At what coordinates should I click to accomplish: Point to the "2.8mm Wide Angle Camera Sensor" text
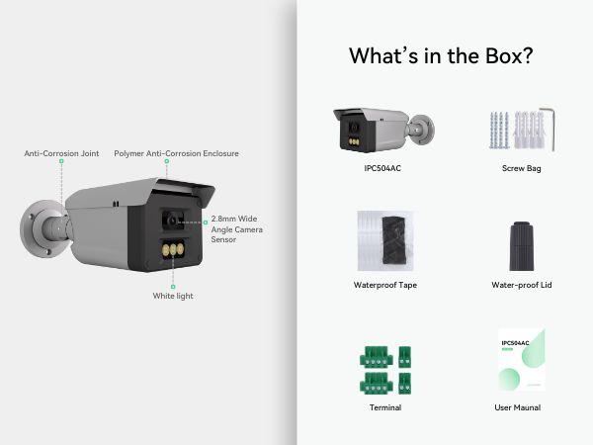236,228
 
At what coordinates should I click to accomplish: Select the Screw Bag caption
521,168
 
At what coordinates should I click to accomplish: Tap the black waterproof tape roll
385,240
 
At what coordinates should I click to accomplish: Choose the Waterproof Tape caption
383,285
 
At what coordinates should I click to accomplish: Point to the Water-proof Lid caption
521,285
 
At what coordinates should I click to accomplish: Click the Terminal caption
384,406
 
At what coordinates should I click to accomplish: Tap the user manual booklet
521,360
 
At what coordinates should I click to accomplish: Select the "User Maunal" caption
521,406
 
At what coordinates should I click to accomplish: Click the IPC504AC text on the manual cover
516,343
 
